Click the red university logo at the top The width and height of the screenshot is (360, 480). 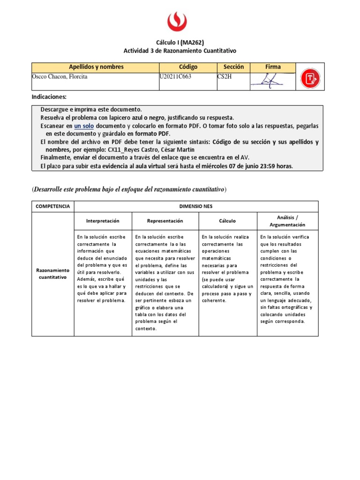[x=177, y=22]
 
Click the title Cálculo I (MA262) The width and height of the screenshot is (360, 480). [x=180, y=42]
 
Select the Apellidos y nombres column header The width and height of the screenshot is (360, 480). [x=96, y=67]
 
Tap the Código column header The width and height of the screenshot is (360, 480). [x=188, y=67]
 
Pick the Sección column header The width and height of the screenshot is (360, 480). [x=233, y=67]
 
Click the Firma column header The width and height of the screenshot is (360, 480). [x=273, y=67]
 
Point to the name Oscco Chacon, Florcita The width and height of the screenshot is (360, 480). [x=60, y=77]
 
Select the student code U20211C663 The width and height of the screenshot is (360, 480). [x=179, y=77]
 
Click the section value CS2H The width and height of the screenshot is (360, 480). [x=225, y=77]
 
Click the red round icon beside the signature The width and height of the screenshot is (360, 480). [x=309, y=77]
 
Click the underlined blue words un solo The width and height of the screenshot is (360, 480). [x=84, y=126]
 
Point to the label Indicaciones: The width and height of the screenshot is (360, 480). [x=49, y=97]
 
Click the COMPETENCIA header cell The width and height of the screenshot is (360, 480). [x=53, y=206]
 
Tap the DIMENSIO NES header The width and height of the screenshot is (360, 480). [x=196, y=206]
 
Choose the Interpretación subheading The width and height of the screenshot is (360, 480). [x=103, y=221]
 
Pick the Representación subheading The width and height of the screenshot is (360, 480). [x=165, y=221]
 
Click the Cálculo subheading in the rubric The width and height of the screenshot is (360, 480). [x=227, y=221]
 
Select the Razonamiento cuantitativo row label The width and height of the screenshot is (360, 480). [x=53, y=274]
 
